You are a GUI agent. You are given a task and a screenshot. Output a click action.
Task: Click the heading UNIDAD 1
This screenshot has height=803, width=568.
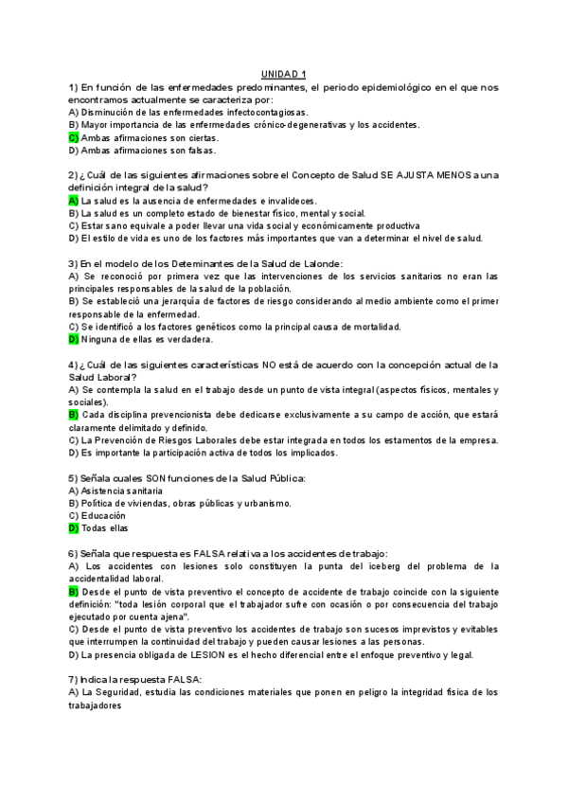[284, 74]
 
